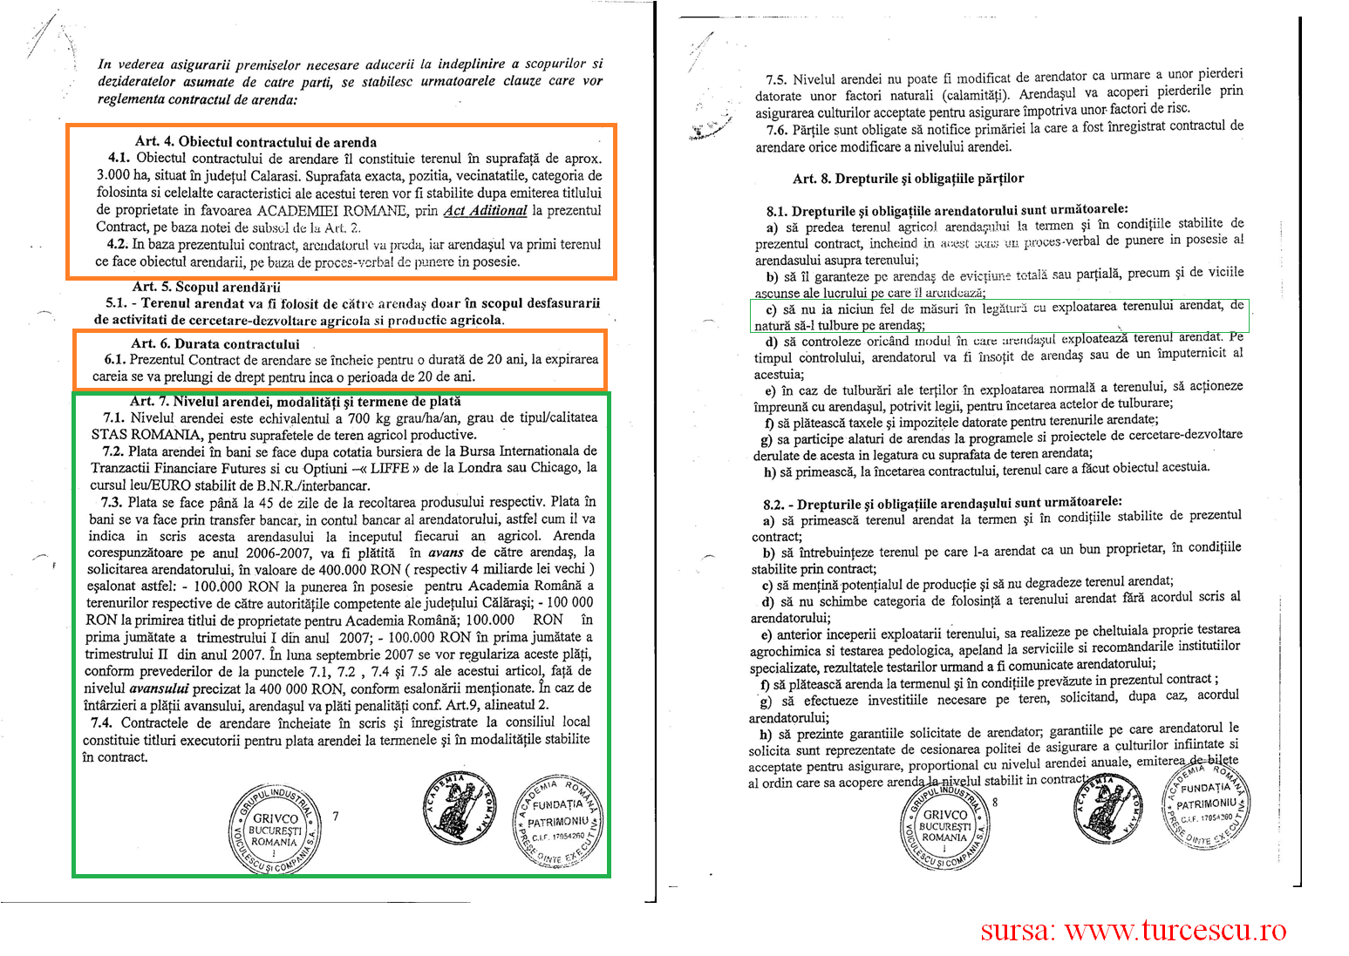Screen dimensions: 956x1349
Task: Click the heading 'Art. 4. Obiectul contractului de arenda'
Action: (x=255, y=142)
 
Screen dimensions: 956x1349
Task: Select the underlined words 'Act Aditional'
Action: (x=485, y=210)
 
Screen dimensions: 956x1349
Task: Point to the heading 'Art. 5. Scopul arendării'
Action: (x=207, y=287)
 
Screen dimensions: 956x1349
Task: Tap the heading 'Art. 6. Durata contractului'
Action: (x=215, y=344)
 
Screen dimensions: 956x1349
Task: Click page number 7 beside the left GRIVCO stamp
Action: (x=336, y=817)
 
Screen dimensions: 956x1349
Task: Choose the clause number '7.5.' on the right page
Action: (x=776, y=79)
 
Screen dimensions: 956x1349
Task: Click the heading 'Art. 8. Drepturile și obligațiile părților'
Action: (x=908, y=179)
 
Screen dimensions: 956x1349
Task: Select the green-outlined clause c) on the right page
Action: (x=999, y=315)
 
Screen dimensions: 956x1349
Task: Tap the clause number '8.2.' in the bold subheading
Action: (x=773, y=505)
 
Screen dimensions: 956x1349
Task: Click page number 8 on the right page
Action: (x=995, y=803)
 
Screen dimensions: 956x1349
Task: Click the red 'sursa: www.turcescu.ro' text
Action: (x=1133, y=931)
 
